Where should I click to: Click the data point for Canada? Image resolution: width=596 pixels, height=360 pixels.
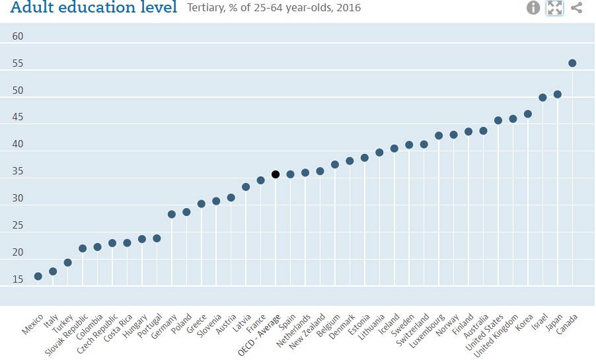[572, 63]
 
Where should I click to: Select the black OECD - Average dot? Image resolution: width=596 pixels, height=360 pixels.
[276, 174]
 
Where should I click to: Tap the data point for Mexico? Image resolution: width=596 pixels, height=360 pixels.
[38, 276]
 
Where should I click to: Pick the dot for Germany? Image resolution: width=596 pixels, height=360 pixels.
[171, 215]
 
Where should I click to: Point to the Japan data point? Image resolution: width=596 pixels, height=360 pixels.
[557, 94]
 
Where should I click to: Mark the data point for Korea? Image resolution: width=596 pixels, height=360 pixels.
[527, 114]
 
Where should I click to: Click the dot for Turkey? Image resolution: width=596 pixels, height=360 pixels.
[67, 263]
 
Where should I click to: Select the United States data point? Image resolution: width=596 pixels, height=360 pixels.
[498, 120]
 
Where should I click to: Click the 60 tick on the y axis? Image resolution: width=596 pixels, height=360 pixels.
[18, 36]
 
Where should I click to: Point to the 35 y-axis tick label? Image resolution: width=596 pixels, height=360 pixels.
[18, 172]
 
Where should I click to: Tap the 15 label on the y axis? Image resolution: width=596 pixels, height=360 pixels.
[18, 279]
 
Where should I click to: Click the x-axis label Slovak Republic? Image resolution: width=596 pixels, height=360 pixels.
[67, 335]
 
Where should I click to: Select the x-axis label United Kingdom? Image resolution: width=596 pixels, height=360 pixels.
[496, 336]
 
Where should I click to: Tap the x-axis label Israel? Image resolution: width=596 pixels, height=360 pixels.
[540, 322]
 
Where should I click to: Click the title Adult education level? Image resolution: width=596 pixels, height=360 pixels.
[94, 7]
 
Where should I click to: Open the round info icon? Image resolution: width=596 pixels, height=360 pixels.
[533, 8]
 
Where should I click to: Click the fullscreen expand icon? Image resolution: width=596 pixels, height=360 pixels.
[554, 8]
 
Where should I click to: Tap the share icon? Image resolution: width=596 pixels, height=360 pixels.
[576, 8]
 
